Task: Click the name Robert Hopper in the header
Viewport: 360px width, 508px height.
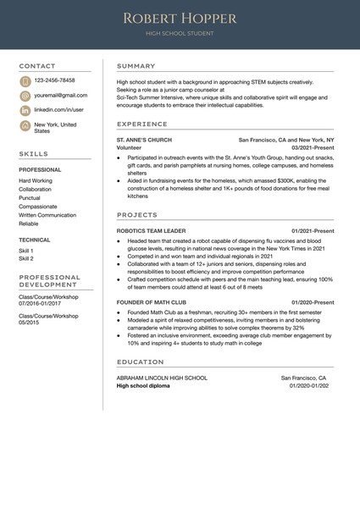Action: point(180,18)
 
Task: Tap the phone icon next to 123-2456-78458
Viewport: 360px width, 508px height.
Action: point(25,81)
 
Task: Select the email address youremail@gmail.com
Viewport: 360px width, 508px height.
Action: point(60,96)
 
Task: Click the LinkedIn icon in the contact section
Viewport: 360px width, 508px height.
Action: point(25,110)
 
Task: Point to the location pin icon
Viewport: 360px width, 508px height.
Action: point(25,125)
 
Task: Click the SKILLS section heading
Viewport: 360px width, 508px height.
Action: point(34,154)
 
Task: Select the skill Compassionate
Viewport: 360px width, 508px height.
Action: point(38,207)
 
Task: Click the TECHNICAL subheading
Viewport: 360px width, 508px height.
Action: point(35,240)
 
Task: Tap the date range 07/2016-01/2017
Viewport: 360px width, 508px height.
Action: point(41,302)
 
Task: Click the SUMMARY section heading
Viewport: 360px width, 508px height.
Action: point(136,66)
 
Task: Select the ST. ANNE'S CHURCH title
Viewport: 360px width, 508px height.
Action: point(144,140)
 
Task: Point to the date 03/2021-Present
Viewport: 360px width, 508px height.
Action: point(313,147)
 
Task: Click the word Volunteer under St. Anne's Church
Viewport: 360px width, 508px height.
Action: point(130,147)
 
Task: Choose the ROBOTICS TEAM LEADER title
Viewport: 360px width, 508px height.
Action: point(151,230)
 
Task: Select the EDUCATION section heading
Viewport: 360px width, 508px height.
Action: point(141,362)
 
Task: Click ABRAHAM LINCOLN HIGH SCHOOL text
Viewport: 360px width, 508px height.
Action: point(162,378)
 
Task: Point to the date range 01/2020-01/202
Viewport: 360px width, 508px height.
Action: point(308,385)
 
